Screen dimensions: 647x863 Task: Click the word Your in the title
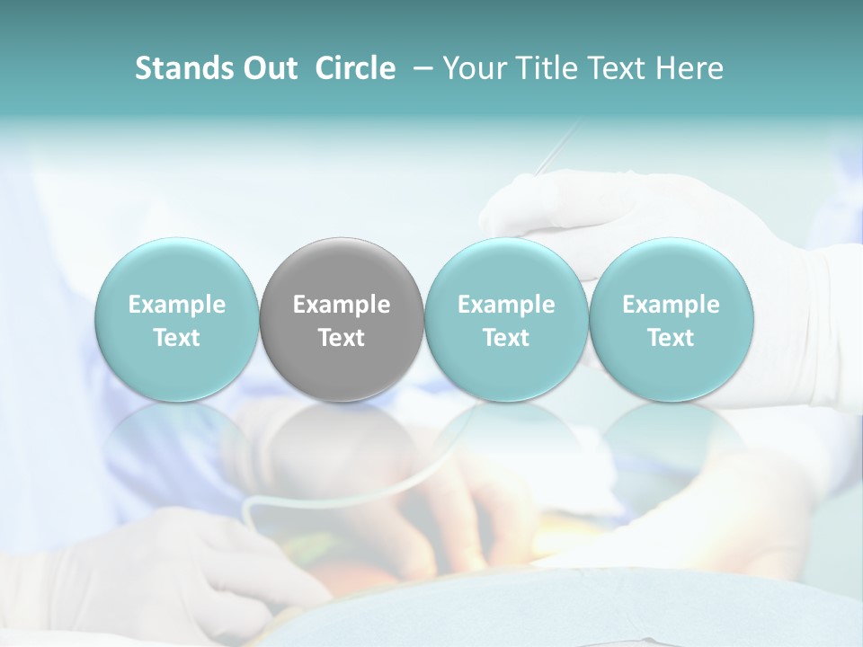pos(471,69)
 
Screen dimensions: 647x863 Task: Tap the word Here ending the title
pos(689,69)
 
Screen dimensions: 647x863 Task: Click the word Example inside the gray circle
pos(342,305)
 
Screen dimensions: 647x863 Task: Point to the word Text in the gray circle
pos(342,338)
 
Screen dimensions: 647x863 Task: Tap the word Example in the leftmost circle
pos(176,305)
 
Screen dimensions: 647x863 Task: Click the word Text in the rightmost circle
pos(671,338)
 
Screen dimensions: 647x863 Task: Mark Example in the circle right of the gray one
pos(506,305)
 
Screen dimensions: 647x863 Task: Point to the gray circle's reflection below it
pos(342,440)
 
